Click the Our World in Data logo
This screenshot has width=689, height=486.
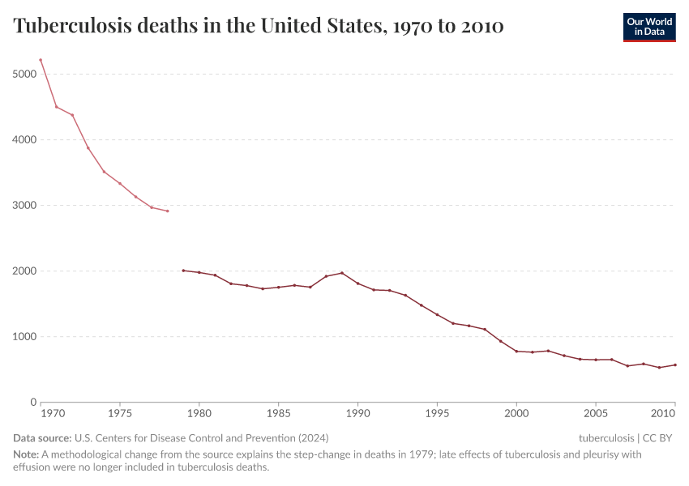pos(648,27)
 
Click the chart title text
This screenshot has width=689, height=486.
pos(259,27)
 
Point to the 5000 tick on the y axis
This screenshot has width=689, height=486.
pos(24,74)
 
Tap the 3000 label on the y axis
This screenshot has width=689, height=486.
pos(24,205)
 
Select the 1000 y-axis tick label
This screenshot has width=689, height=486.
pos(24,336)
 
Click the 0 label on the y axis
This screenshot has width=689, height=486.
pos(33,402)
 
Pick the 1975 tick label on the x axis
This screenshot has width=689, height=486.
pos(120,414)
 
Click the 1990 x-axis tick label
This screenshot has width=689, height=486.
pos(357,414)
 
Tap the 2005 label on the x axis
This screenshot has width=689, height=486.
pos(596,414)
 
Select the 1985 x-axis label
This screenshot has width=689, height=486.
pos(278,414)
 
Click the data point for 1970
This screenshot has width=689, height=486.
pos(41,60)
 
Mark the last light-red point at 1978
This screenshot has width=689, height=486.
pos(167,211)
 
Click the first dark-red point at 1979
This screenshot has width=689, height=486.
pos(183,271)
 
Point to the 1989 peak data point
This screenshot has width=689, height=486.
pos(341,273)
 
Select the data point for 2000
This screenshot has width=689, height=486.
pos(516,351)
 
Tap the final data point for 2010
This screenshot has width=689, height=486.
pos(674,364)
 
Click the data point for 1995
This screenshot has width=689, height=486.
pos(437,314)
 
